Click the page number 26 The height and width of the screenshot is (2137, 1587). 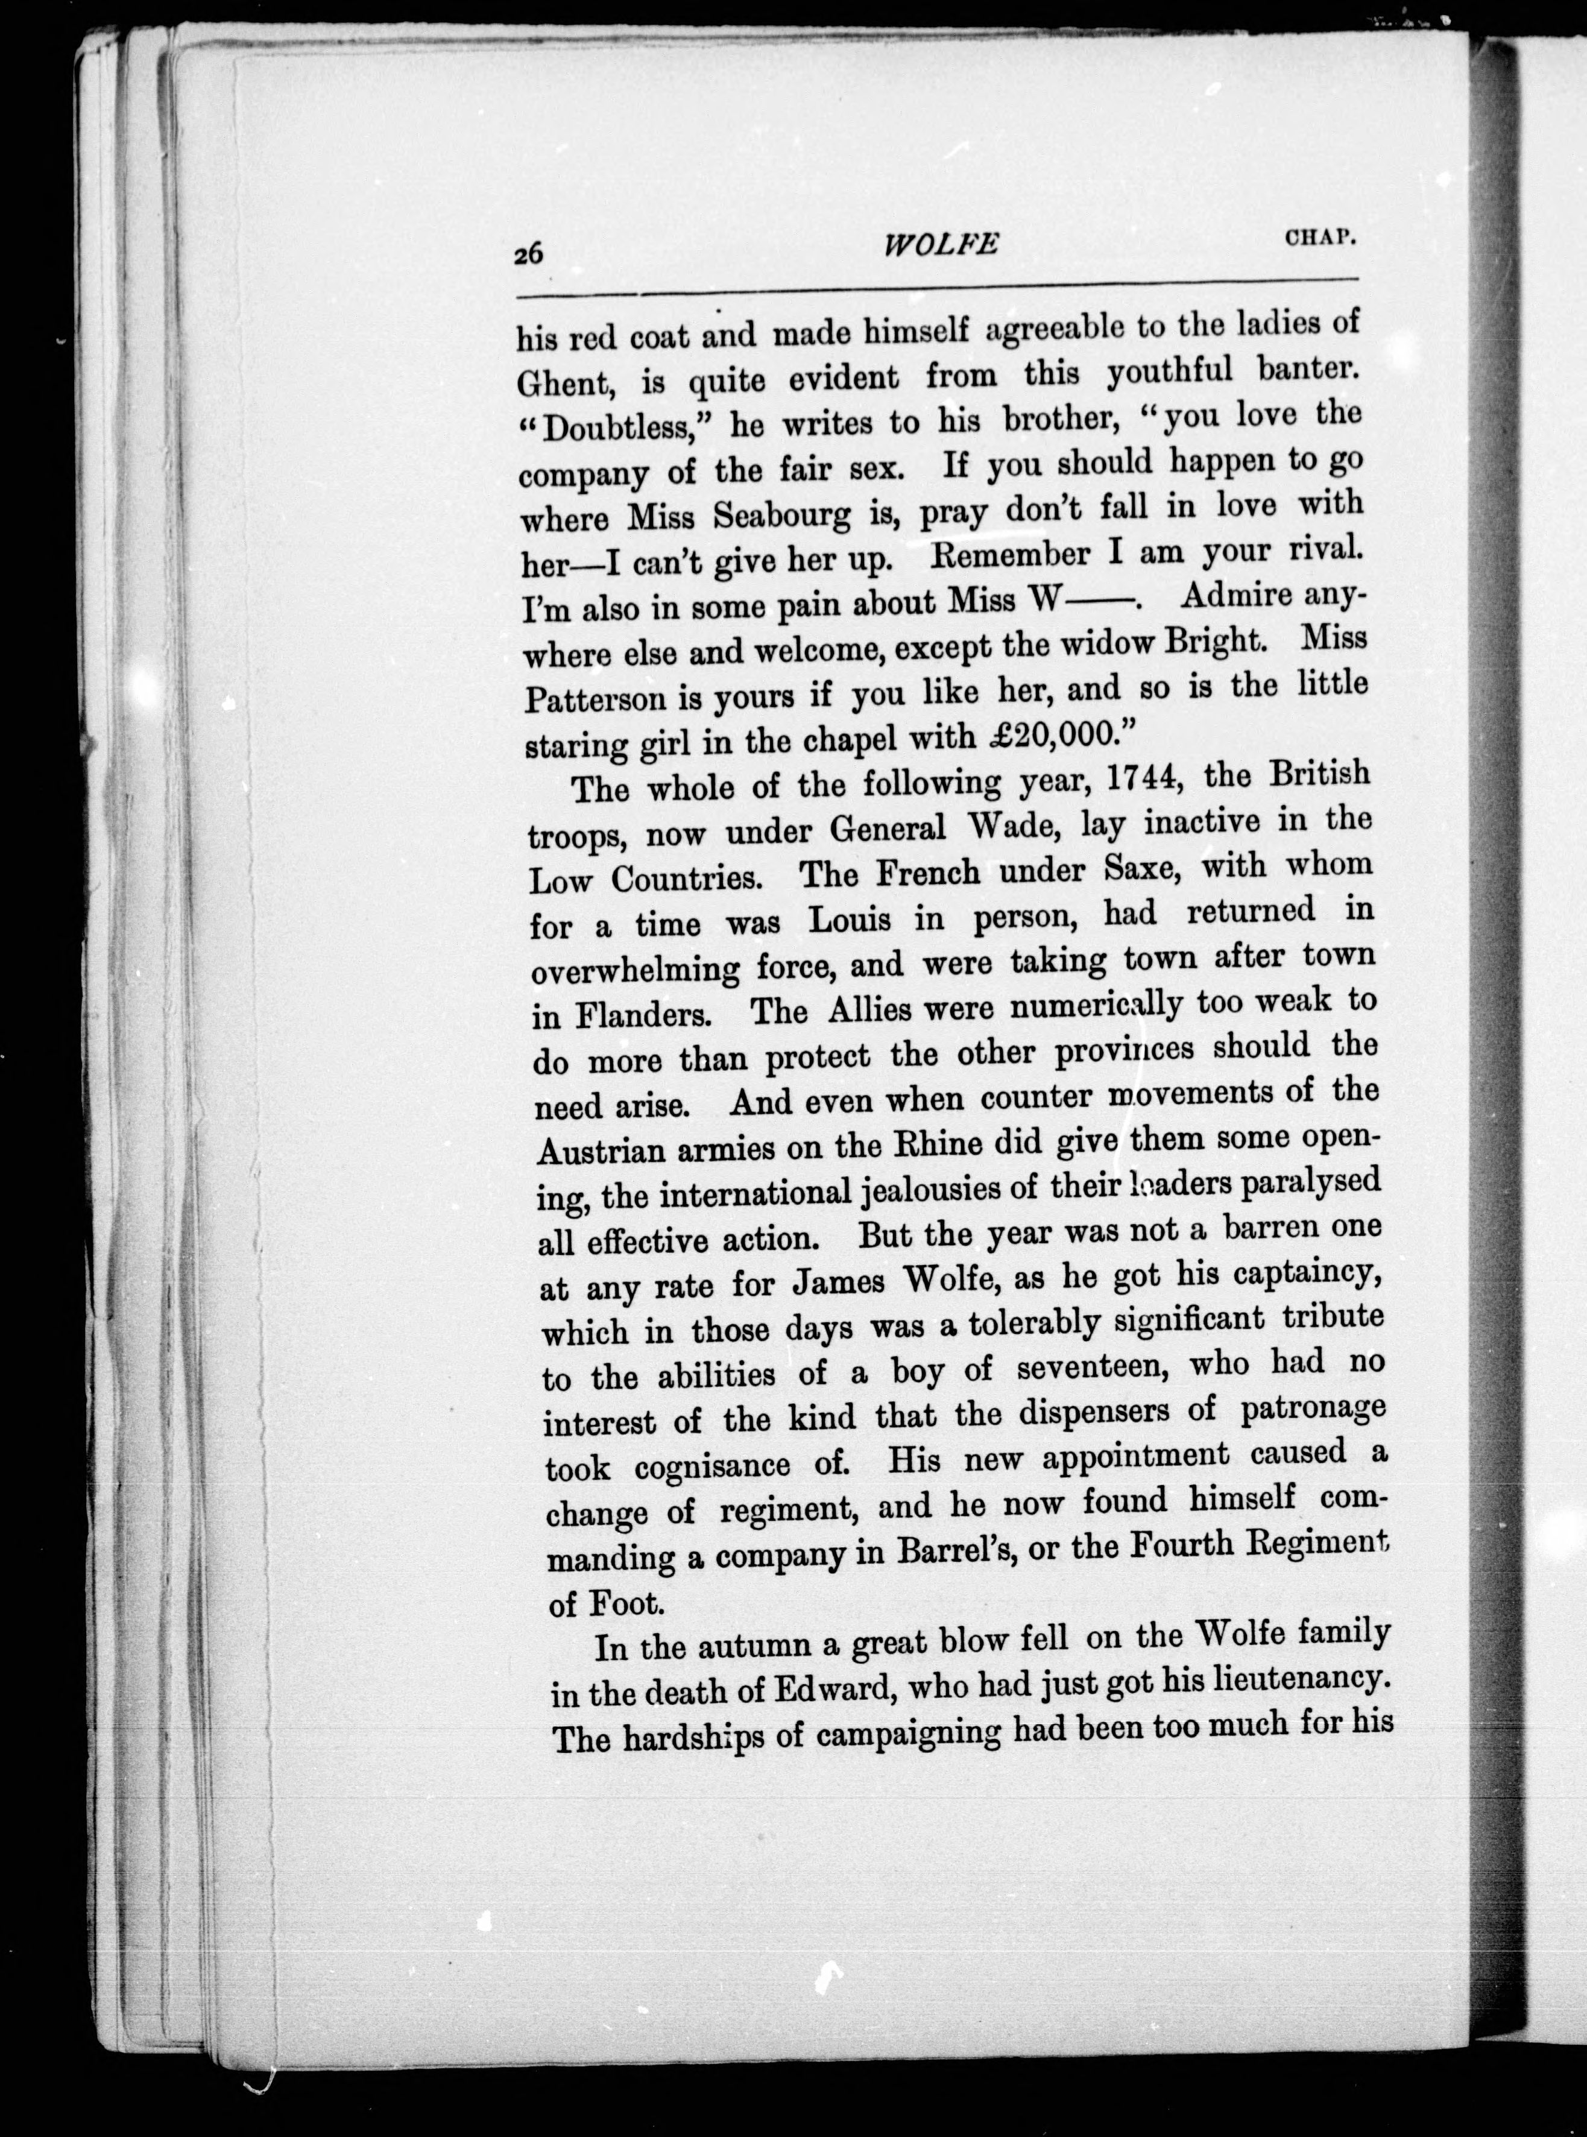click(x=529, y=254)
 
